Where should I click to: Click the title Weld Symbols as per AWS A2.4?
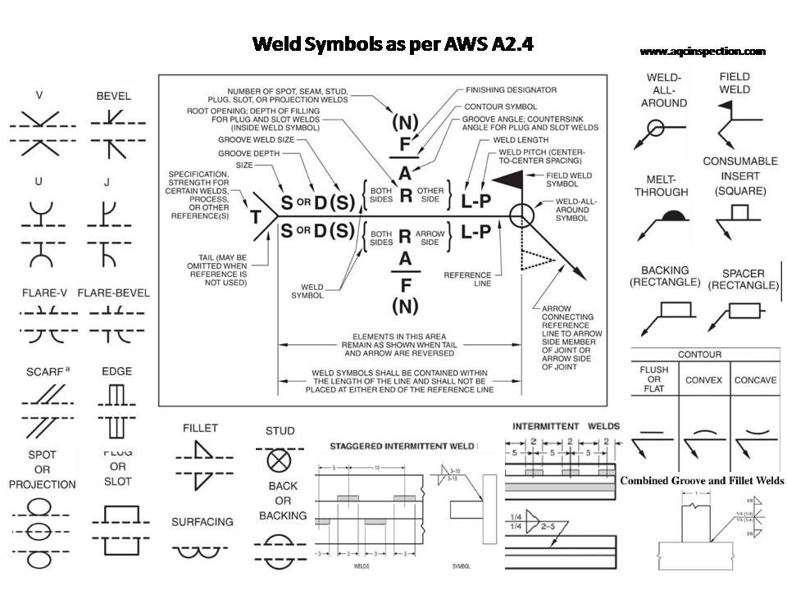(393, 43)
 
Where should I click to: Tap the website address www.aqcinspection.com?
(703, 51)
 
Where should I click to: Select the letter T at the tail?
(254, 217)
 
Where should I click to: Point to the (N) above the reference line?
(404, 123)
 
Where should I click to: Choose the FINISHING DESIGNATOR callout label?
(511, 89)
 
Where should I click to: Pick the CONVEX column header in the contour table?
(703, 380)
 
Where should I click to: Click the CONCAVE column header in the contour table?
(755, 380)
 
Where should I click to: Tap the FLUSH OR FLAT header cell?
(653, 380)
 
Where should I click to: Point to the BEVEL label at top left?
(113, 96)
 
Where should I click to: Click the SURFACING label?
(202, 521)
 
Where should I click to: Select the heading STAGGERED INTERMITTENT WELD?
(402, 446)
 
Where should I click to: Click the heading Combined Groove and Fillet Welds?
(702, 481)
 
